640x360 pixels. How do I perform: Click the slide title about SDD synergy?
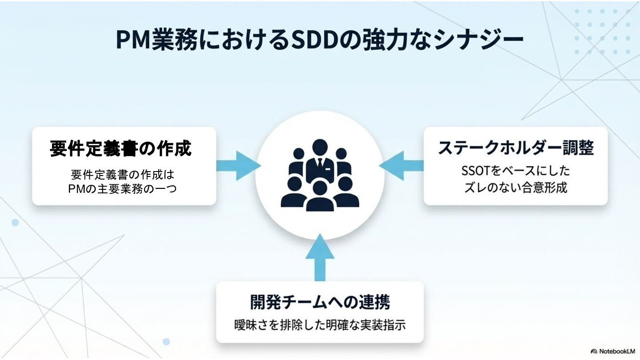coord(319,40)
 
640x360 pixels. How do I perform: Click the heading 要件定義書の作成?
coord(121,149)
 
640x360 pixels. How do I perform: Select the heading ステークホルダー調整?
coord(516,148)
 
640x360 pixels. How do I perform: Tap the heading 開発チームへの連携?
coord(320,302)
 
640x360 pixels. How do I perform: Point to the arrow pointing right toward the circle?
coord(238,166)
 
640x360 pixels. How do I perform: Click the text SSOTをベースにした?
coord(516,171)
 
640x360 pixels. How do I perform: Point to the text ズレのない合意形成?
coord(516,188)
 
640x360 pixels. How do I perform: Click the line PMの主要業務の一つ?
coord(123,188)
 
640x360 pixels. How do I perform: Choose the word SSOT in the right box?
coord(477,171)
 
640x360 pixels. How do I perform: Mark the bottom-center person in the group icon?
coord(320,196)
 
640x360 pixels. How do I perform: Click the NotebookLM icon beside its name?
coord(594,351)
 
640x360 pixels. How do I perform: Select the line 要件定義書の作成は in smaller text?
coord(123,174)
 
